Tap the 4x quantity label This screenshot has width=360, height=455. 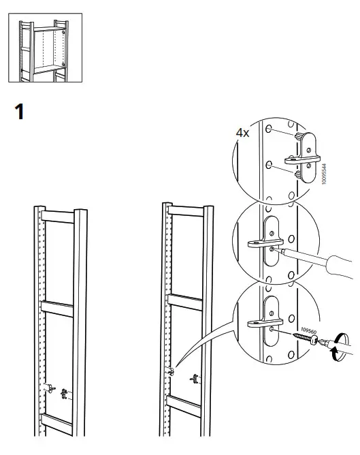pyautogui.click(x=242, y=133)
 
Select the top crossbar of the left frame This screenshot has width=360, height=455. pyautogui.click(x=60, y=216)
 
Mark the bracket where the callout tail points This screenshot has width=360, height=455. pyautogui.click(x=171, y=371)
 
